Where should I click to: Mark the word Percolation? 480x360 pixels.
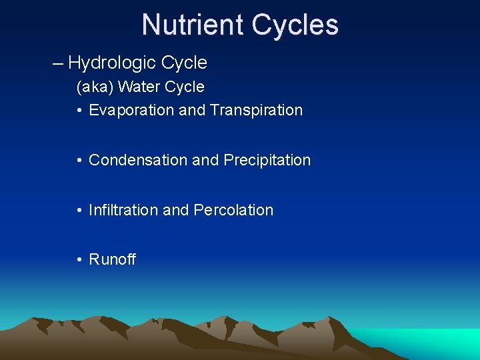233,210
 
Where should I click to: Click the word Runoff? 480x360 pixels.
112,260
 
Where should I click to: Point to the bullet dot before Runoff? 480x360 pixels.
79,260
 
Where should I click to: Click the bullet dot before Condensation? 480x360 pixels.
79,160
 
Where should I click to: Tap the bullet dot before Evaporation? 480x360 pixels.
79,110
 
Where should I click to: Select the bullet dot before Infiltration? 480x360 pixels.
79,210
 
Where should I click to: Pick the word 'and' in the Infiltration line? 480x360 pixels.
176,210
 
